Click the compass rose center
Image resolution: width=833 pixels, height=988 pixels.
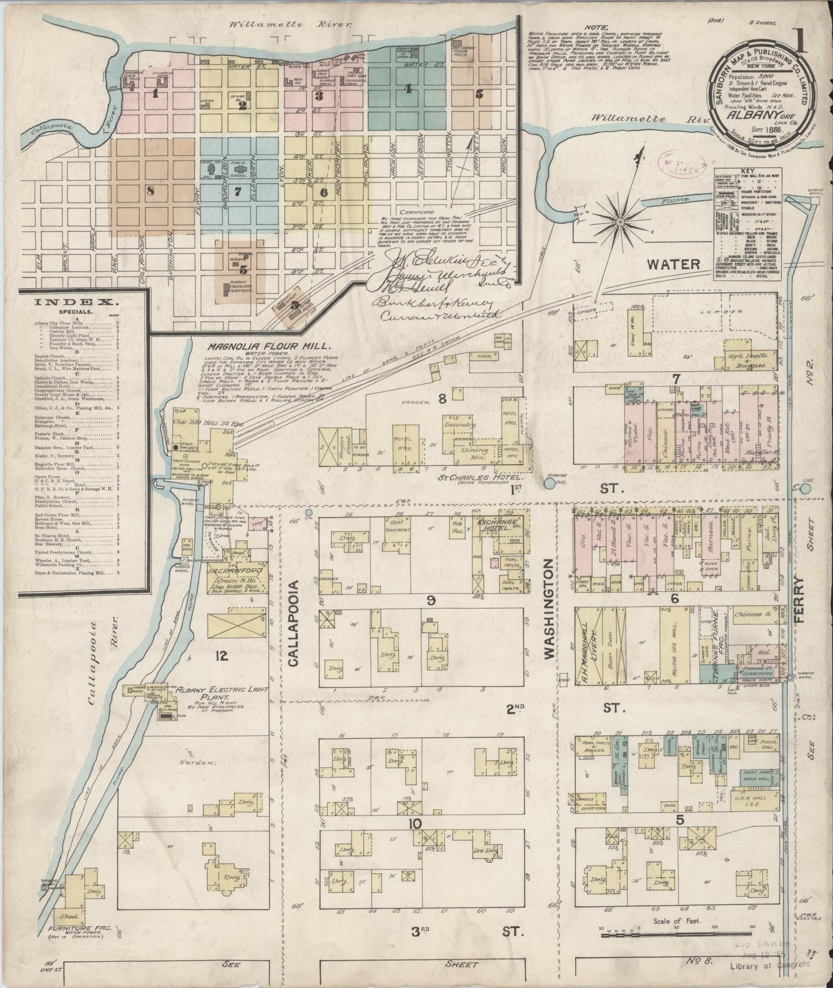click(620, 221)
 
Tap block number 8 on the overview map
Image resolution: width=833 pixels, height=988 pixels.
click(150, 191)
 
